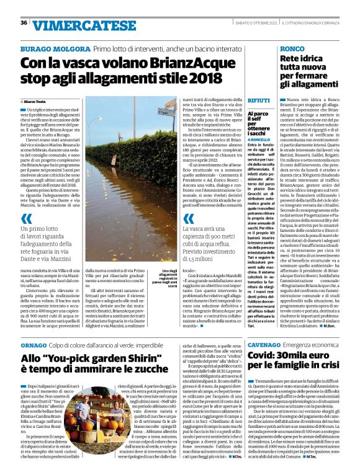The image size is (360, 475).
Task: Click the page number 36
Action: [23, 22]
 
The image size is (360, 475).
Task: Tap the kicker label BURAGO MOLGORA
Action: [55, 48]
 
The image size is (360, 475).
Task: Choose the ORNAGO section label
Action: [33, 344]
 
